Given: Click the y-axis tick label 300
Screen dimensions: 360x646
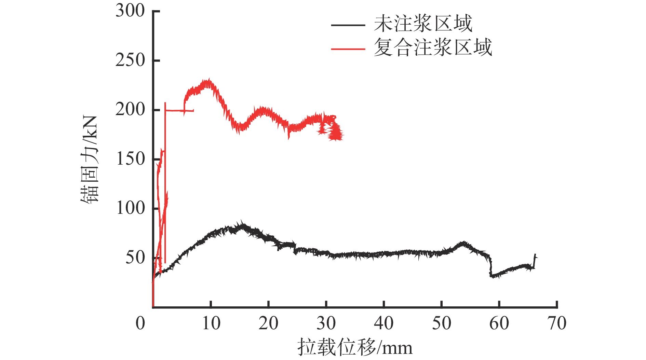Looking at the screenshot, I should coord(130,11).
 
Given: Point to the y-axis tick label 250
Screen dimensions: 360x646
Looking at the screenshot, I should coord(130,60).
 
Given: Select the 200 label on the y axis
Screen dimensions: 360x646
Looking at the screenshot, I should coord(130,110).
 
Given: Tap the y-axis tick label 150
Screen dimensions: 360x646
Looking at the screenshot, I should coord(130,159).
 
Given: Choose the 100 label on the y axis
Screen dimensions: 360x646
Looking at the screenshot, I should coord(130,208).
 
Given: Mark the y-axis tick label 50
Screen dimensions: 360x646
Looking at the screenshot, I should coord(135,258).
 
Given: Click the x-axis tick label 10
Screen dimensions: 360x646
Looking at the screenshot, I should coord(211,323).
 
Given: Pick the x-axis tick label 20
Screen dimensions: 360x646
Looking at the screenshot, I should coord(269,323).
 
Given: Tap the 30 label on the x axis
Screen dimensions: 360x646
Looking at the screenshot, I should coord(326,323).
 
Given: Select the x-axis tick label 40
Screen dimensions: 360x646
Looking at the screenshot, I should coord(384,323).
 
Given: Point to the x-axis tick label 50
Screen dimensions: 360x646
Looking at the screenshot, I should coord(442,323).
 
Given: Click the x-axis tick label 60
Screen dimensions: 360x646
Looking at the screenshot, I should coord(499,323).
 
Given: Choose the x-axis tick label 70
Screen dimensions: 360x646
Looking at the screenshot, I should coord(557,323).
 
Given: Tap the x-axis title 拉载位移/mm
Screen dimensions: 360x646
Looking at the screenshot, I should coord(355,347).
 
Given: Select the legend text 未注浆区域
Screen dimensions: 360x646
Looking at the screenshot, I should coord(423,24).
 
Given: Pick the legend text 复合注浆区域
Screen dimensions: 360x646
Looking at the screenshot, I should coord(433,47).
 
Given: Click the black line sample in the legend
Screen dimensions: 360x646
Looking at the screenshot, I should coord(348,25).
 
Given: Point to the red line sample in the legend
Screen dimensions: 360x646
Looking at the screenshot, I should coord(348,49).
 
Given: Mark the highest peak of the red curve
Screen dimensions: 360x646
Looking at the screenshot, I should coord(208,81).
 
